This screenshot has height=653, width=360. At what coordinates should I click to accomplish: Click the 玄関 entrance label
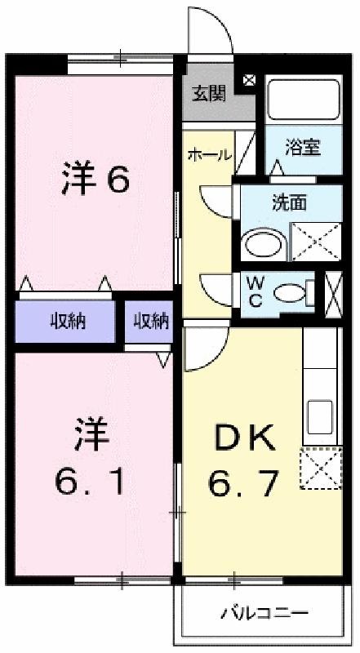[x=209, y=93]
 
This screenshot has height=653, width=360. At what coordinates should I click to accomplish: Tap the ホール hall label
[x=209, y=154]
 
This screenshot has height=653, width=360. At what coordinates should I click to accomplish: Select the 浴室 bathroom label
[x=302, y=148]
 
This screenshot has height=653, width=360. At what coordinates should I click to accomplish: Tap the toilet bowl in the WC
[x=287, y=292]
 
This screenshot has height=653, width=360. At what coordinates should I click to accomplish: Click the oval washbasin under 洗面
[x=264, y=243]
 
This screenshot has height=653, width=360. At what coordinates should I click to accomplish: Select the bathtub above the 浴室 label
[x=303, y=100]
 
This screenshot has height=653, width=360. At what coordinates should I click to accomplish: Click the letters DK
[x=244, y=440]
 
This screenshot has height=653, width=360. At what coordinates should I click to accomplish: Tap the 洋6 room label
[x=95, y=180]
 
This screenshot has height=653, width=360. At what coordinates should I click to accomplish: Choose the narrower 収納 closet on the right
[x=150, y=322]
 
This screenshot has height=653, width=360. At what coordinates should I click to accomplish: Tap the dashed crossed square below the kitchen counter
[x=319, y=469]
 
